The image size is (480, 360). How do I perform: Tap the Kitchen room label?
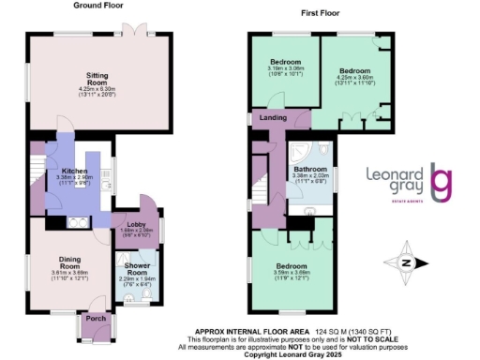pos(74,171)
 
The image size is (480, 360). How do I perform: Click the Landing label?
pos(274,118)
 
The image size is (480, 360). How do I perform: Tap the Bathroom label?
pos(311,169)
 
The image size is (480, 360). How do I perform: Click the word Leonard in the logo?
pos(405,173)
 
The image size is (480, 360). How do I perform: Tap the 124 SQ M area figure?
pos(311,330)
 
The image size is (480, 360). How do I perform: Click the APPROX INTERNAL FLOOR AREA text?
pos(246,330)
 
